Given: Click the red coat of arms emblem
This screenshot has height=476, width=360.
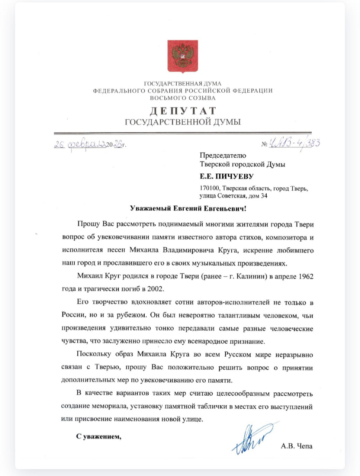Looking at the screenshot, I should click(x=182, y=56).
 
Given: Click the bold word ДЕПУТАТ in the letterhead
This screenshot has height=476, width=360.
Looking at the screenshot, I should click(x=183, y=111).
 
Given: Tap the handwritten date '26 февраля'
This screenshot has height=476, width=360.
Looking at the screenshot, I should click(x=80, y=144).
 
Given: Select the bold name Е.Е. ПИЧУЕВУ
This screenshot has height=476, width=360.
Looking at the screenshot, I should click(x=226, y=176).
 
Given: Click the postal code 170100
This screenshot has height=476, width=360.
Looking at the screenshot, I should click(x=210, y=189).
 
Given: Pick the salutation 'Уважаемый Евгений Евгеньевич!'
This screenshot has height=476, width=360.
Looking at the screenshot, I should click(x=188, y=208).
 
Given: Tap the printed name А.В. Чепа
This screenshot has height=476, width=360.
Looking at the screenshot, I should click(x=296, y=446).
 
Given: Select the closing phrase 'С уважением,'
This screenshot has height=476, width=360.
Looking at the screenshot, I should click(x=99, y=437).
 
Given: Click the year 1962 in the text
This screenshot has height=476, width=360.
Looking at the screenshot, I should click(x=306, y=276).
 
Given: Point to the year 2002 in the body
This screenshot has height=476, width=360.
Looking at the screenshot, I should click(x=155, y=289).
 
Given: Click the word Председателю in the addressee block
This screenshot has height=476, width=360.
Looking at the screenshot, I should click(x=223, y=155).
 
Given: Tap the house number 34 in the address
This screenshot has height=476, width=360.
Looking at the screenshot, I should click(x=264, y=196).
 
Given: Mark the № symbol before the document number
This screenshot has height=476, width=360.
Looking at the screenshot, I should click(x=264, y=144).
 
